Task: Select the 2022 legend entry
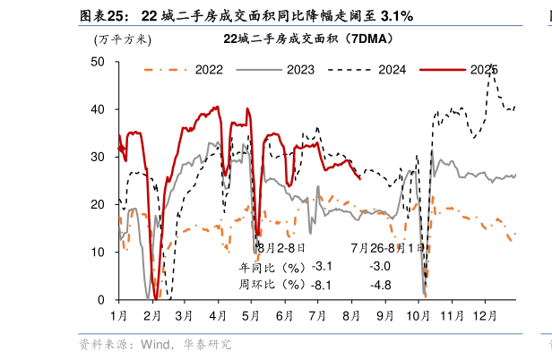click(209, 69)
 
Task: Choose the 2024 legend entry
click(392, 69)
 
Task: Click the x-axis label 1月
click(118, 316)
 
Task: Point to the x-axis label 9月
click(385, 316)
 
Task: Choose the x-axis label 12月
click(485, 316)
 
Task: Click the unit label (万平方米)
click(123, 39)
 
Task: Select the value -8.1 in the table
click(320, 285)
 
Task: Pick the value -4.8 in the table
click(380, 285)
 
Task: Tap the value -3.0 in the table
click(380, 266)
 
